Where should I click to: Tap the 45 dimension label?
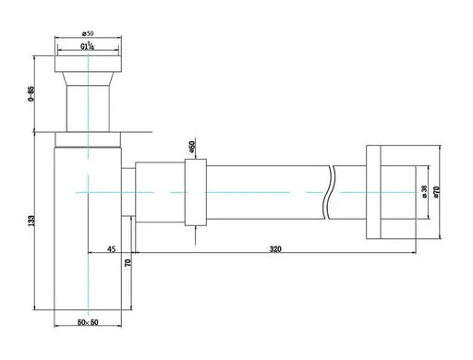click(x=111, y=248)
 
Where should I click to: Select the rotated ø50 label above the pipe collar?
click(x=191, y=148)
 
